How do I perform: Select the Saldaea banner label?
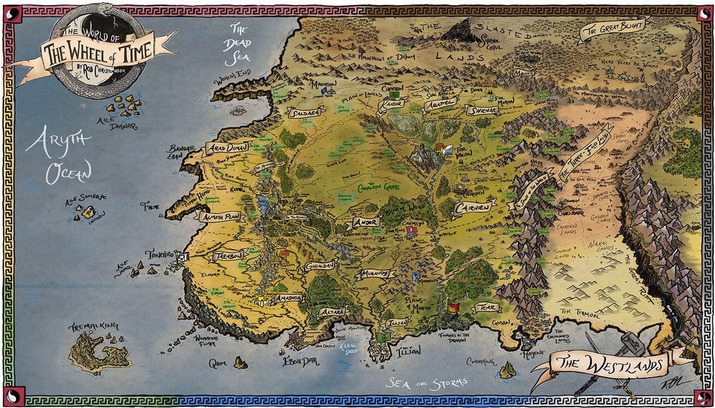click(305, 113)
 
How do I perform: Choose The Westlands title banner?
click(609, 363)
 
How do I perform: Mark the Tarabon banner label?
click(228, 256)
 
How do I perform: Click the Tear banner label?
click(486, 308)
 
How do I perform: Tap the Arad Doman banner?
click(227, 147)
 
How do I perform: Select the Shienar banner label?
click(481, 111)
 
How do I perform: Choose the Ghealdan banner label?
click(320, 266)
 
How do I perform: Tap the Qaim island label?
click(218, 363)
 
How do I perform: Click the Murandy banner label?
click(378, 274)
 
